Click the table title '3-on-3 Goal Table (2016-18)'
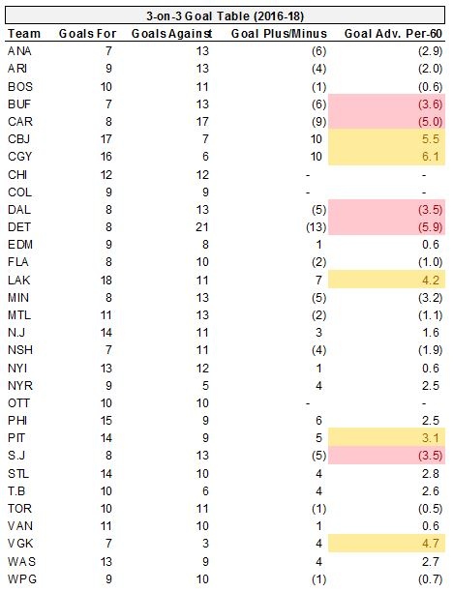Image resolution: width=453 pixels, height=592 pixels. point(226,16)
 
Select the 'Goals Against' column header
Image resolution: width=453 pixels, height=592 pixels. point(171,34)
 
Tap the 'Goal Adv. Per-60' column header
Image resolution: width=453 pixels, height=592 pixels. point(393,34)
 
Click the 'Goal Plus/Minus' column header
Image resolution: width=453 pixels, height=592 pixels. point(279,34)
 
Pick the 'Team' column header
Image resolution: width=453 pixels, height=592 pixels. point(24,34)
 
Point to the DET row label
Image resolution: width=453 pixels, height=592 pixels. point(19,227)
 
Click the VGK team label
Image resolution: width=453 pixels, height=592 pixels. point(20,544)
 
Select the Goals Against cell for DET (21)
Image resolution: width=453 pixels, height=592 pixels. point(201,227)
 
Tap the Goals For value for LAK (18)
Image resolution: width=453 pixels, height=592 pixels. point(106,281)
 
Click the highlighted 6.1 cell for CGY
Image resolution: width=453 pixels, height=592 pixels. point(386,157)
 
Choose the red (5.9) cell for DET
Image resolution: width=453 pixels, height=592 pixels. point(386,227)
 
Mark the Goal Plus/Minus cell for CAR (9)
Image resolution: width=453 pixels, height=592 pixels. point(318,122)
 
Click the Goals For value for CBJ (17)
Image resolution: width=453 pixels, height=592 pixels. point(106,139)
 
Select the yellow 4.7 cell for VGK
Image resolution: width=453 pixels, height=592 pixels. point(386,544)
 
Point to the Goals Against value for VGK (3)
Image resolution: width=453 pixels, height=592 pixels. point(205,544)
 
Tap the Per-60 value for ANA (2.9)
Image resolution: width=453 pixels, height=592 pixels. point(430,51)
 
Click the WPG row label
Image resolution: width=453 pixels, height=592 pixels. point(22,578)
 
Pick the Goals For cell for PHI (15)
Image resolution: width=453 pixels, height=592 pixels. point(106,420)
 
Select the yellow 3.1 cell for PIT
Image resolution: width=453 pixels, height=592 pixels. point(386,438)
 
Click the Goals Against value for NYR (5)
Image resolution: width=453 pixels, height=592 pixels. point(205,386)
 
